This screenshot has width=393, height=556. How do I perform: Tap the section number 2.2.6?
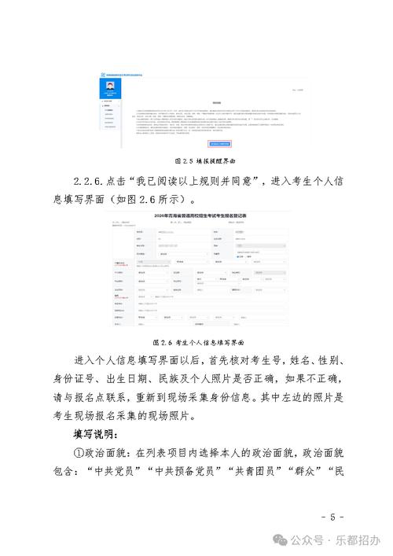(94, 180)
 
